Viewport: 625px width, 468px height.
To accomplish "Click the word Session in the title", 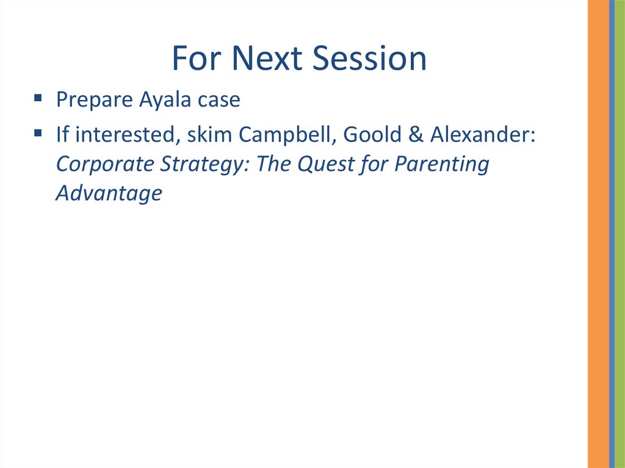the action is coord(369,58).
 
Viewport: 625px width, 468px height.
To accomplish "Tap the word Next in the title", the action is coord(267,58).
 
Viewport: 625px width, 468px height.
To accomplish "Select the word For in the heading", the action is coord(196,58).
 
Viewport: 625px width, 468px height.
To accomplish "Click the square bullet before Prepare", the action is coord(38,98).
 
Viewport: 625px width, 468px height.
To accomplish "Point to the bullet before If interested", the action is coord(38,132).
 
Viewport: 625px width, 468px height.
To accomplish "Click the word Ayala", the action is coord(165,99).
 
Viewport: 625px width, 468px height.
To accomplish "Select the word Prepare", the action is coord(95,99).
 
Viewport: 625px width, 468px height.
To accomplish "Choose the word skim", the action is coord(210,134).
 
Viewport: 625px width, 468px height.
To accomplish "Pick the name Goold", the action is coord(372,134).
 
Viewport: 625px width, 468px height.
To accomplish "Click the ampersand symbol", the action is coord(416,134).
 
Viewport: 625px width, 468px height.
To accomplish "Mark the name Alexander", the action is coord(483,134).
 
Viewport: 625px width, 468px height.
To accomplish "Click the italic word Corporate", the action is coord(105,164).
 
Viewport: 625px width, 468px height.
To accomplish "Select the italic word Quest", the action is coord(325,164).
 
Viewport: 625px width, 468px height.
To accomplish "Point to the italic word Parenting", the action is coord(442,164).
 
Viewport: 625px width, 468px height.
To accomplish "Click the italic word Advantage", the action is coord(109,194).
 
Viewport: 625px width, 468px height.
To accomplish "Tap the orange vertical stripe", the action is coord(598,234).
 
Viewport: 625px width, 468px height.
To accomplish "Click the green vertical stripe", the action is coord(620,234).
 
